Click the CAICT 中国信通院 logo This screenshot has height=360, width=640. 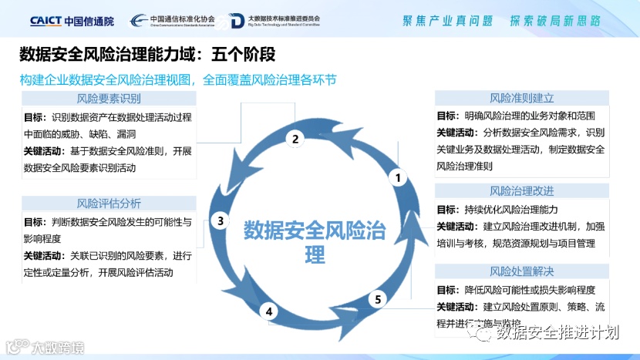coord(71,21)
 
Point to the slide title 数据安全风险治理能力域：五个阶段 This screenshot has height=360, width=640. coord(147,56)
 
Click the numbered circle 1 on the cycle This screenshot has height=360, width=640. coord(399,178)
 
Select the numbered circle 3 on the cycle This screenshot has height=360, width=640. coord(221,221)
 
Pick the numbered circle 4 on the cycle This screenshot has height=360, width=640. coord(269,311)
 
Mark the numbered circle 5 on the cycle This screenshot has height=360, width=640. coord(377,299)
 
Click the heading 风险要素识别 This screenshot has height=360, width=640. coord(109,99)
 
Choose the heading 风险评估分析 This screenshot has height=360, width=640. coord(109,204)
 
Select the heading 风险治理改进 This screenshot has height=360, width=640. coord(522,190)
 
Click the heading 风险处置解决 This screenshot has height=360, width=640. coord(522,271)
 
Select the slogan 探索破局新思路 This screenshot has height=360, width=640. coord(554,21)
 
